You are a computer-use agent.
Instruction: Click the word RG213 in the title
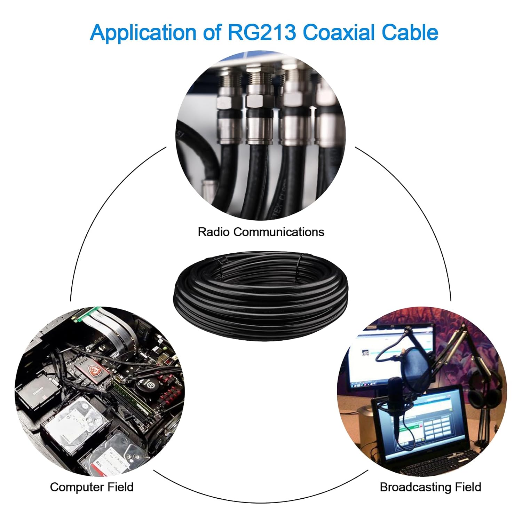pos(262,32)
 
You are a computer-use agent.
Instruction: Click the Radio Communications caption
pos(261,232)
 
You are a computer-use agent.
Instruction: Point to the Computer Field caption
pos(92,487)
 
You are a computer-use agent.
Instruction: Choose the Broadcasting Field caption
pos(430,487)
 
